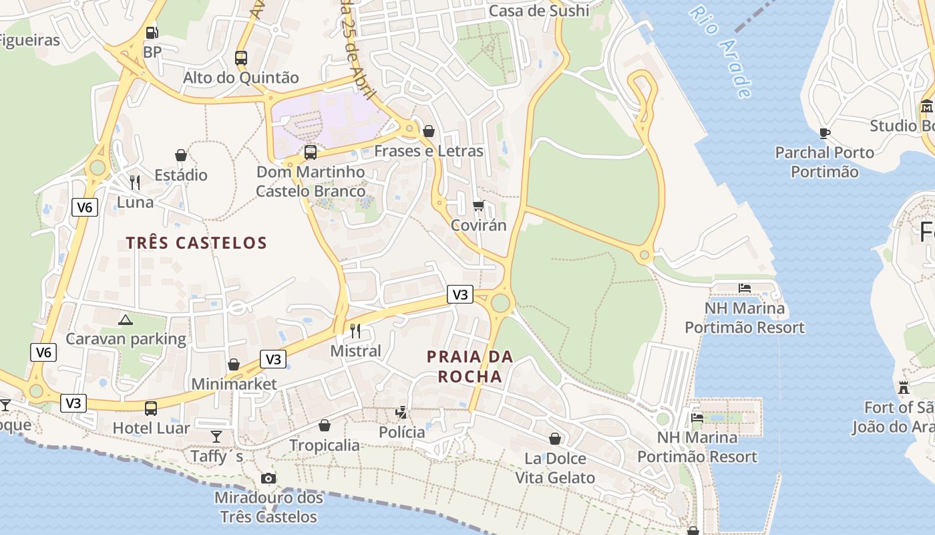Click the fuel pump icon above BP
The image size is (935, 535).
tap(152, 32)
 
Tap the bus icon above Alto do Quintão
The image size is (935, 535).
tap(241, 58)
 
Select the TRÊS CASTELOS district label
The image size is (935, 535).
tap(196, 243)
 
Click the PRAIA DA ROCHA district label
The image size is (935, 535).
tap(470, 366)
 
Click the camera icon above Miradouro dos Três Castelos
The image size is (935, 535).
tap(268, 478)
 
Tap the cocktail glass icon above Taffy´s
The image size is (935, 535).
tap(216, 437)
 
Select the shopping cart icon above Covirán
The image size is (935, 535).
tap(478, 205)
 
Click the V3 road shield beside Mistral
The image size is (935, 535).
tap(460, 294)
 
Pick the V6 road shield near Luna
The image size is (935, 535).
tap(85, 207)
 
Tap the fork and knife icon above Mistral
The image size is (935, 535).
tap(355, 330)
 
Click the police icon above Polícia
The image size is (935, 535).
tap(401, 412)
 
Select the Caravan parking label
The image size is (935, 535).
tap(126, 338)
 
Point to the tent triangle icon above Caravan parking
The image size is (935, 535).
tap(126, 320)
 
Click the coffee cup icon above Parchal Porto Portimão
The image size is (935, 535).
tap(825, 133)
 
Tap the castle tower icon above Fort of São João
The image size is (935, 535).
tap(904, 387)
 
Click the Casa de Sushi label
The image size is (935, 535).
tap(539, 11)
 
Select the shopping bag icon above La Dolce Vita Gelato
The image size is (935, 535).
tap(555, 439)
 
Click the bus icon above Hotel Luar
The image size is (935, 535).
tap(151, 408)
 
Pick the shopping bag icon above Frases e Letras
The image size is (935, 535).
tap(429, 131)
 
